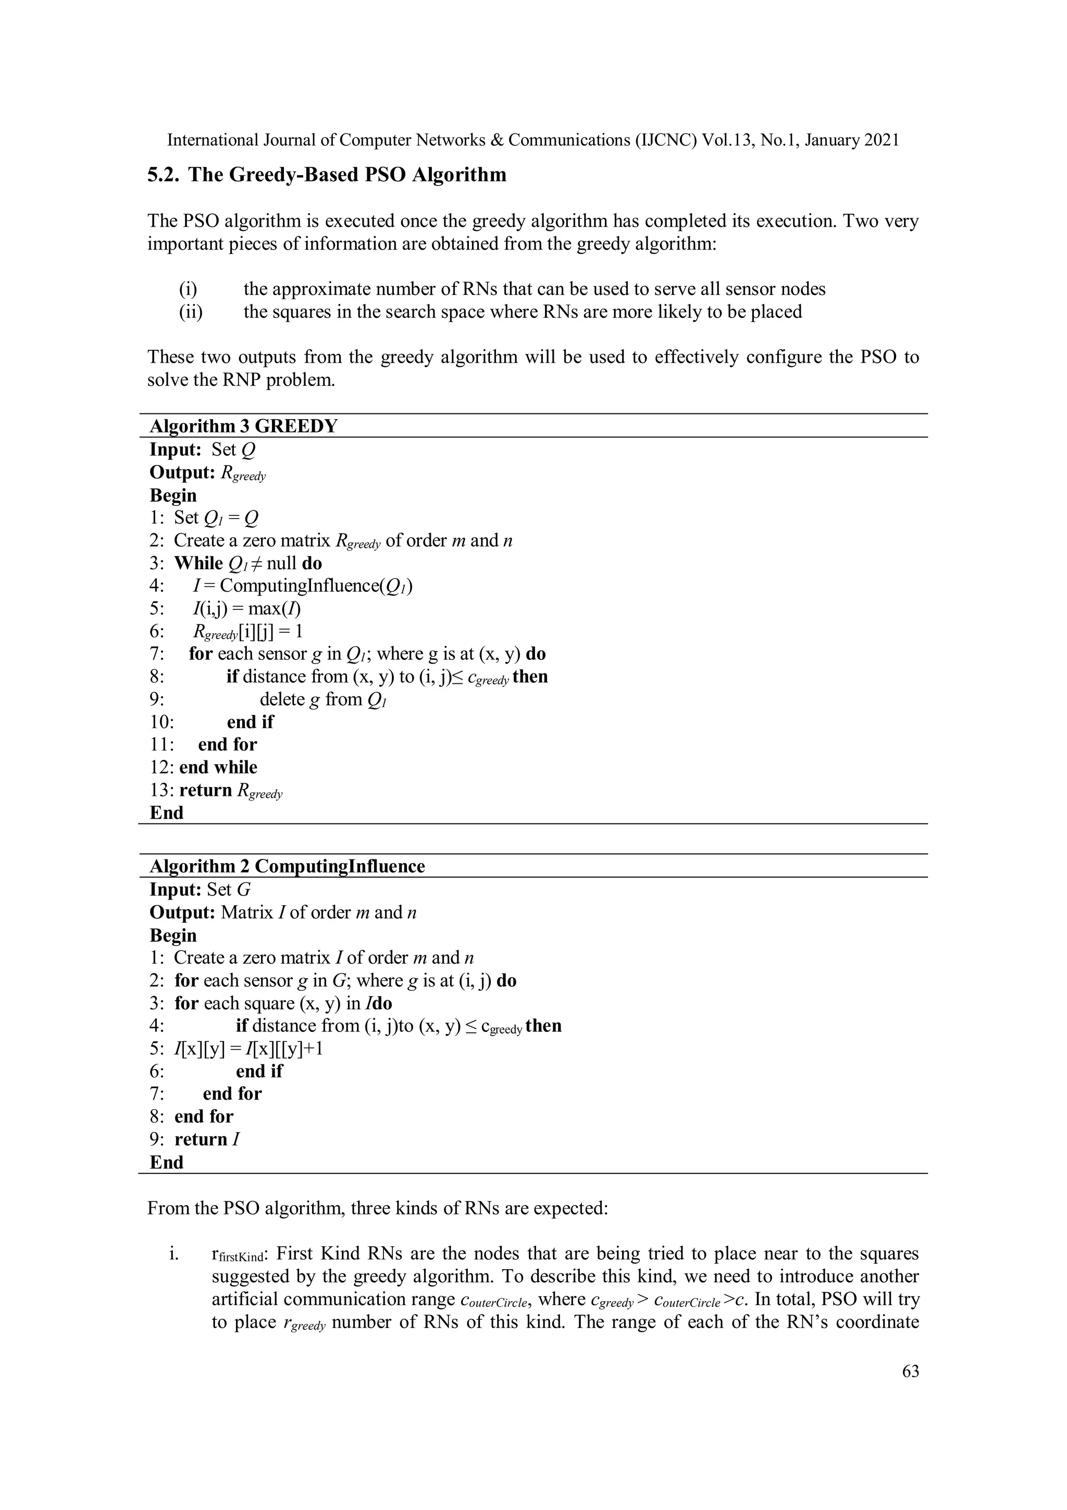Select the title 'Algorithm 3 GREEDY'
[x=243, y=426]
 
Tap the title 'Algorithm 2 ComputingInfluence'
[x=287, y=866]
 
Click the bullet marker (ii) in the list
[x=191, y=311]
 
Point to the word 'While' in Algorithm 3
[x=198, y=563]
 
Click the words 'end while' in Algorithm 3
[x=218, y=767]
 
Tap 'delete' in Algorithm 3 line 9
[x=281, y=699]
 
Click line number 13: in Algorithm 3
[x=163, y=790]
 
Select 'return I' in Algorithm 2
[x=206, y=1139]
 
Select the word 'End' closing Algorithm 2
[x=166, y=1162]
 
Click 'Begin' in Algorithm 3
[x=173, y=495]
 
